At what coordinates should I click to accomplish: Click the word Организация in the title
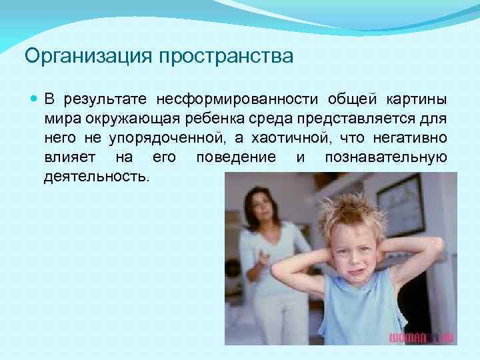pos(88,56)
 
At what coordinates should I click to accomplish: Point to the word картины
pos(417,101)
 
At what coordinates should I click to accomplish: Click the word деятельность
pos(97,177)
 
